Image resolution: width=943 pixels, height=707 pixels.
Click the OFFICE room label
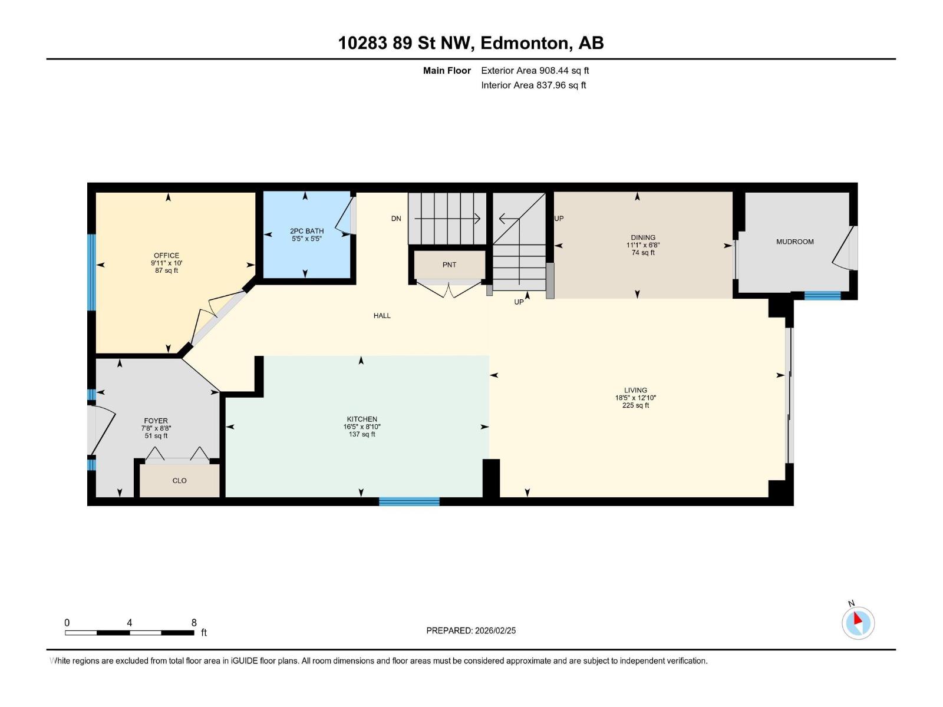[x=166, y=256]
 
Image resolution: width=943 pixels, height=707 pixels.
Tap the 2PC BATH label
[x=306, y=231]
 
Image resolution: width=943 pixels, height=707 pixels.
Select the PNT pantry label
[x=449, y=265]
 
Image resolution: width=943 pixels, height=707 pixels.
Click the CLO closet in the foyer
[x=180, y=481]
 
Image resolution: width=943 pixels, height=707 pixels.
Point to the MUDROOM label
[x=794, y=242]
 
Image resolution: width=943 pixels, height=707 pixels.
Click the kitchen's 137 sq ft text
[x=362, y=435]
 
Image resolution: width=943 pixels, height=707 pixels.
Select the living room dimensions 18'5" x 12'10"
[x=635, y=398]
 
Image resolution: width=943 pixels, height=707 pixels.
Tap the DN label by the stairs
[x=396, y=219]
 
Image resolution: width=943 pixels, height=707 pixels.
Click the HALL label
[x=382, y=316]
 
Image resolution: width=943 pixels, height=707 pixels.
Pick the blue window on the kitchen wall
[x=409, y=501]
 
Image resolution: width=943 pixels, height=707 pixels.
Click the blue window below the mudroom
[x=822, y=296]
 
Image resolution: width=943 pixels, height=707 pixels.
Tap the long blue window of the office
[x=91, y=272]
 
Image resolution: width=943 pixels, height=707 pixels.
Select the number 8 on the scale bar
[x=194, y=623]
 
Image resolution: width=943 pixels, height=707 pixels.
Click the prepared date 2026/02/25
[x=495, y=630]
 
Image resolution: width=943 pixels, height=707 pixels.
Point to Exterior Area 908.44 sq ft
[x=535, y=71]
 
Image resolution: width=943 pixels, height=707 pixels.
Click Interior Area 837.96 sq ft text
[x=533, y=85]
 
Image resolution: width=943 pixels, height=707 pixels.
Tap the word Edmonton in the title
[x=525, y=43]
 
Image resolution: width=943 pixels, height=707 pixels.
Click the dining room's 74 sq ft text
[x=643, y=253]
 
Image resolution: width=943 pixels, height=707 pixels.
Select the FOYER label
[x=156, y=421]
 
